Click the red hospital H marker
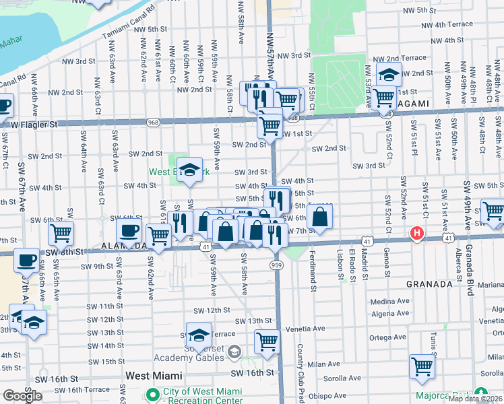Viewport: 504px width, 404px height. point(417,234)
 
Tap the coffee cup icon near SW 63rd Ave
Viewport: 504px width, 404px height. point(129,231)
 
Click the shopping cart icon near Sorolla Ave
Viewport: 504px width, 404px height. point(422,367)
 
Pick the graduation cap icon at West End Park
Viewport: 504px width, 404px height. point(191,170)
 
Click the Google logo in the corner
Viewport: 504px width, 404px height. point(22,396)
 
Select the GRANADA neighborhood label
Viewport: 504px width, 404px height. point(429,284)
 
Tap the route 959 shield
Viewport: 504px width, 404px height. point(278,265)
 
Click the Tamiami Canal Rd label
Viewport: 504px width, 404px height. point(128,23)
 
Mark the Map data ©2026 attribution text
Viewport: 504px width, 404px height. point(476,399)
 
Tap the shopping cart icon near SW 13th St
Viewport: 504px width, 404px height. point(267,341)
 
